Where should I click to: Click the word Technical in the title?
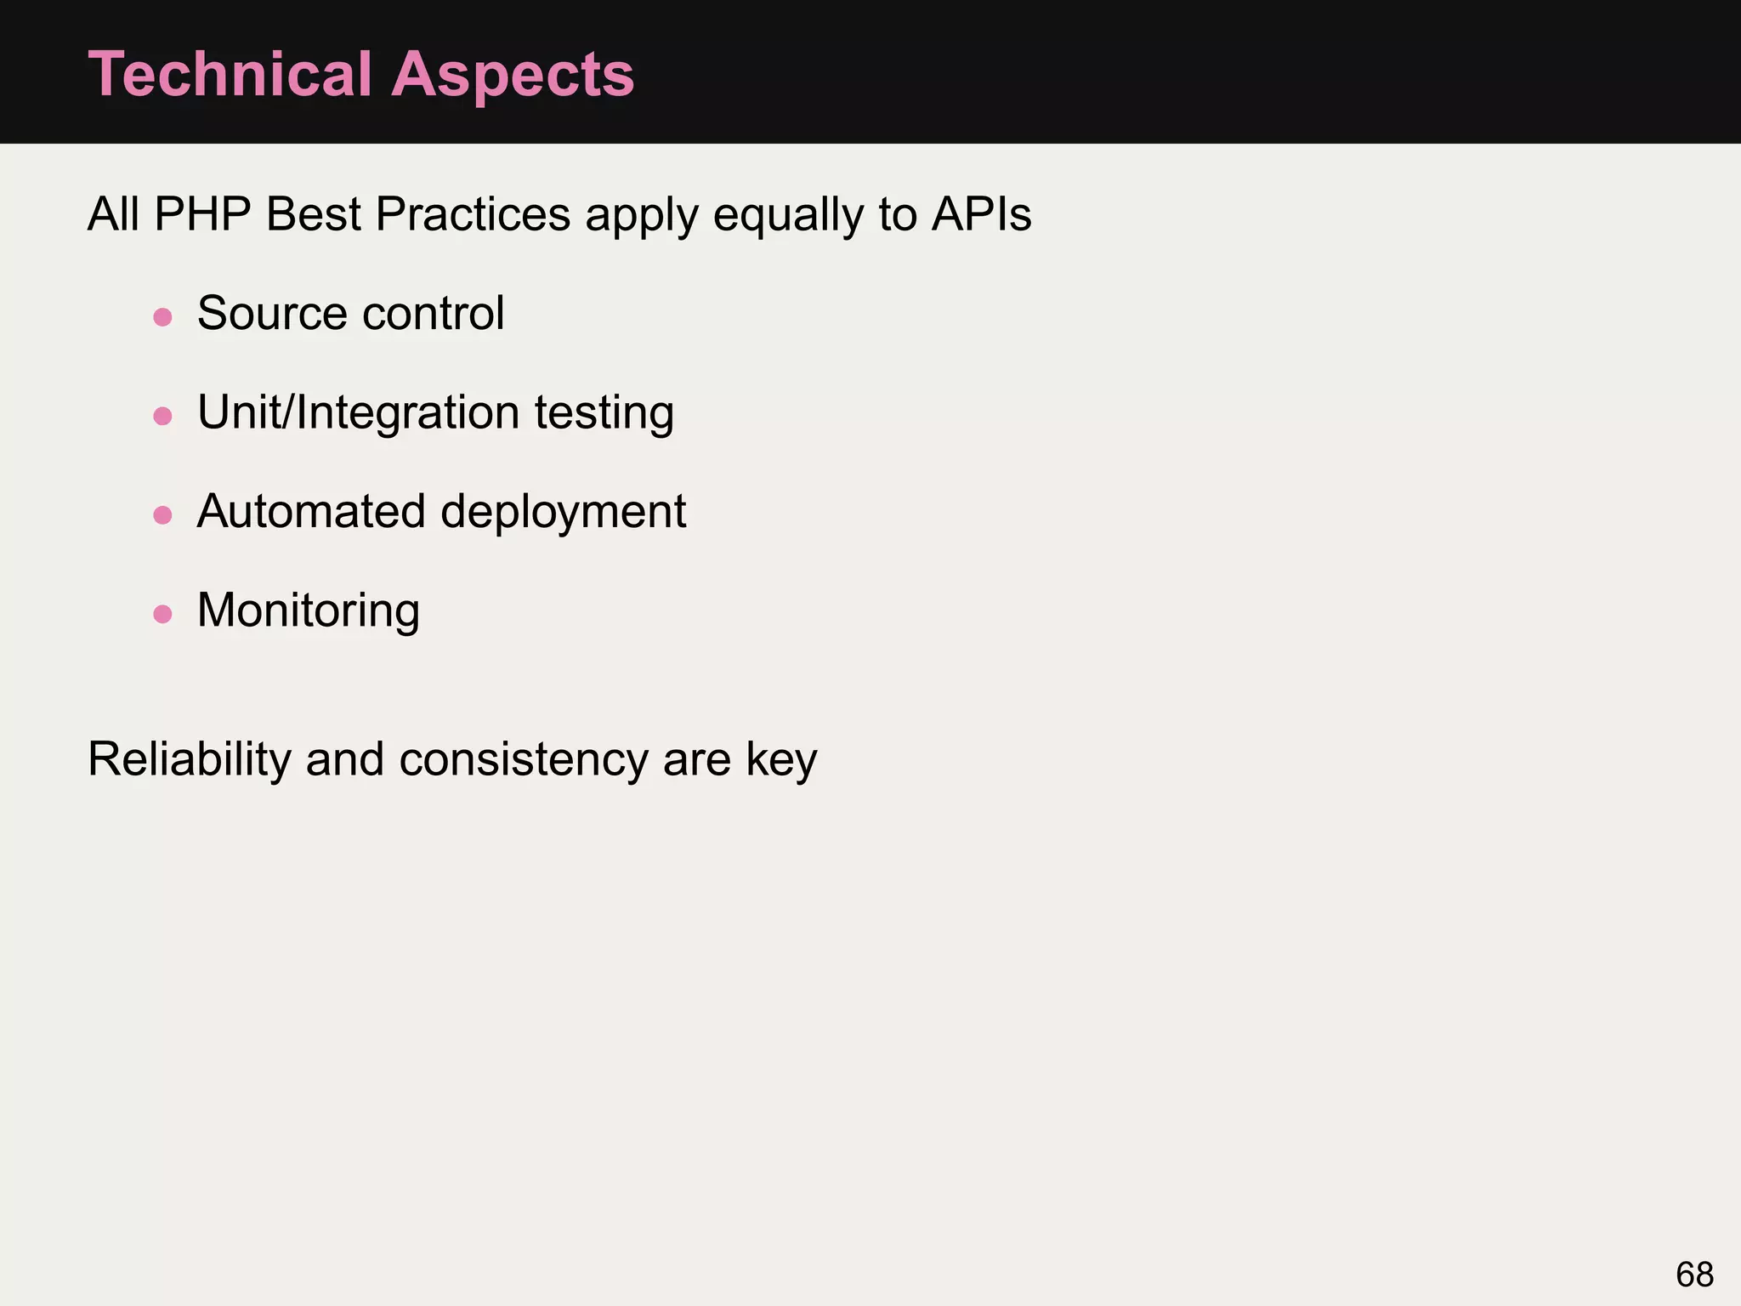click(x=230, y=74)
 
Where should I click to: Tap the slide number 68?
click(x=1694, y=1275)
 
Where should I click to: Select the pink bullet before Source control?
click(x=162, y=317)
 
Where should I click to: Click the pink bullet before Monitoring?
click(x=162, y=614)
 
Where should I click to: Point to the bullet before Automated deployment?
click(x=162, y=515)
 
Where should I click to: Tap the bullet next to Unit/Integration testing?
click(x=162, y=416)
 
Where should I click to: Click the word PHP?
click(x=202, y=214)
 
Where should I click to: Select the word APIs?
click(x=981, y=214)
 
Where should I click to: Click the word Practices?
click(x=473, y=214)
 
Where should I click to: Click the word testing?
click(x=604, y=414)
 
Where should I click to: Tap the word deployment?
click(x=563, y=512)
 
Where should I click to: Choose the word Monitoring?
click(x=309, y=611)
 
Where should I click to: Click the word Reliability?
click(x=190, y=759)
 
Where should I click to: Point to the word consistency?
click(x=524, y=759)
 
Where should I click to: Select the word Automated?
click(x=311, y=512)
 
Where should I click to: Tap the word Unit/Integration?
click(x=358, y=413)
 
